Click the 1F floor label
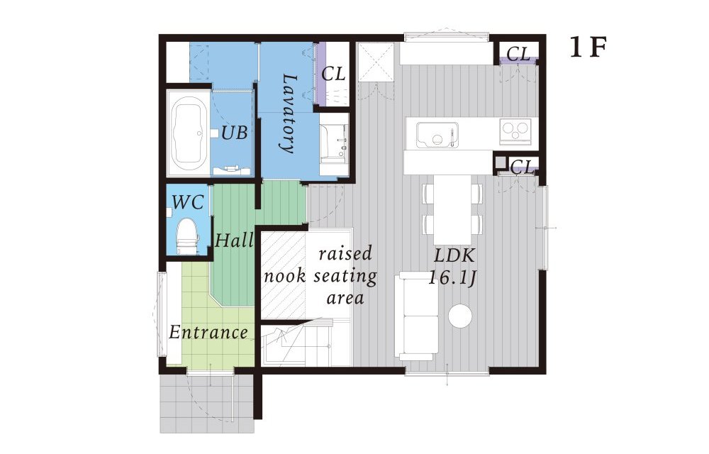pyautogui.click(x=587, y=47)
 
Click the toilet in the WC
pyautogui.click(x=187, y=236)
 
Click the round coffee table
pyautogui.click(x=460, y=315)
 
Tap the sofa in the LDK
pyautogui.click(x=416, y=316)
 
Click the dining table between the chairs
pyautogui.click(x=452, y=210)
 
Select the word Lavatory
pyautogui.click(x=288, y=113)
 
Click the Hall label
pyautogui.click(x=234, y=240)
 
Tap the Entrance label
pyautogui.click(x=208, y=333)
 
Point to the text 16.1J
pyautogui.click(x=452, y=277)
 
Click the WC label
pyautogui.click(x=188, y=202)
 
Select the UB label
pyautogui.click(x=234, y=133)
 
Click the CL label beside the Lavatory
pyautogui.click(x=333, y=74)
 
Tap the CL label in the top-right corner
pyautogui.click(x=518, y=54)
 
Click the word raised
pyautogui.click(x=345, y=253)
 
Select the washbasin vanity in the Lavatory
pyautogui.click(x=334, y=144)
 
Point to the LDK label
pyautogui.click(x=454, y=256)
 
